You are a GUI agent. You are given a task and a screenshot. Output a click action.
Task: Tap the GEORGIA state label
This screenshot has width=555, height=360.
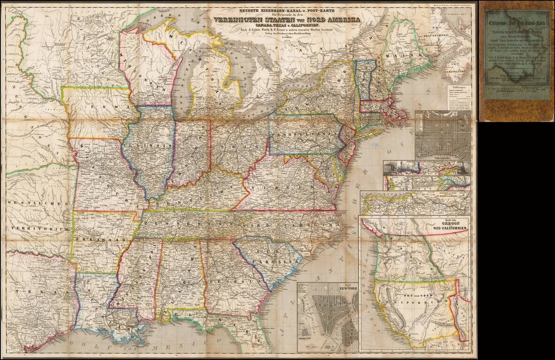[x=231, y=281]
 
